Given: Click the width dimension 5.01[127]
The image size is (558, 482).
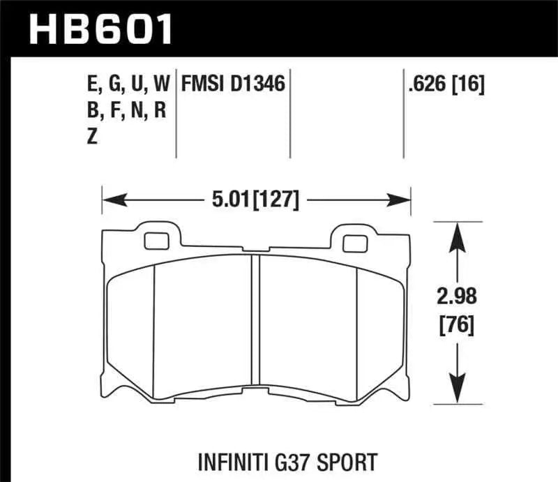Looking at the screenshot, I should (x=255, y=201).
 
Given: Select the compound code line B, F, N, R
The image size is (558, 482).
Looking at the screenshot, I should (x=123, y=111).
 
